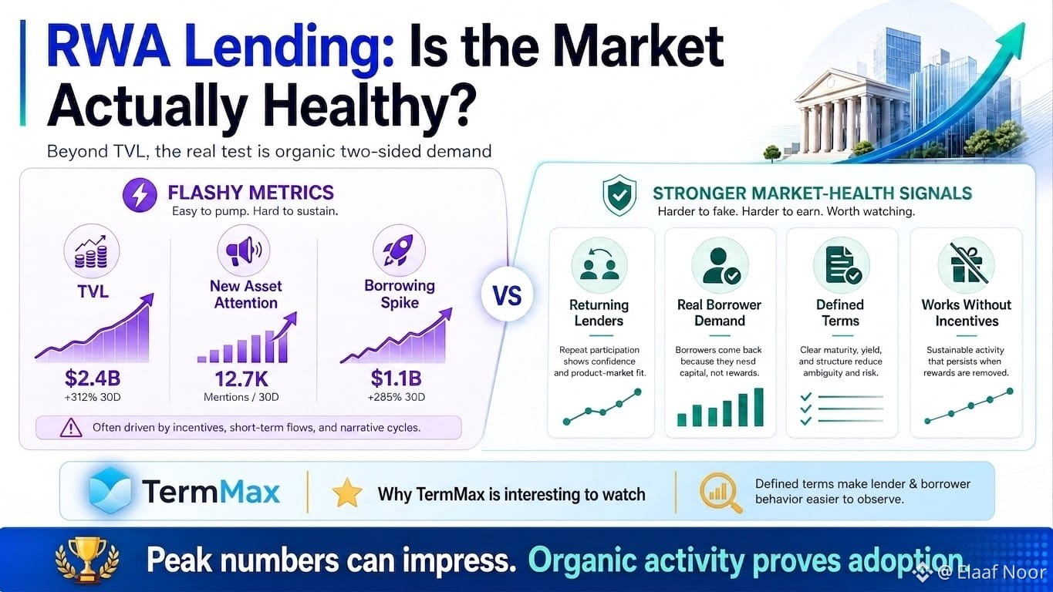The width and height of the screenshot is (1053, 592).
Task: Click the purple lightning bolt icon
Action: click(x=140, y=194)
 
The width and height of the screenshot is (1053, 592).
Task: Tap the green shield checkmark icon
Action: click(x=619, y=195)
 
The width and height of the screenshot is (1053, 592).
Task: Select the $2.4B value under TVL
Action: click(x=93, y=378)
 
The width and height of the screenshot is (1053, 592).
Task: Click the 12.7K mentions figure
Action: click(x=241, y=378)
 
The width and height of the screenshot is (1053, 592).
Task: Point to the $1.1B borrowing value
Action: click(x=397, y=378)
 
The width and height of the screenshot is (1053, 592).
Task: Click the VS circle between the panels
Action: click(x=508, y=295)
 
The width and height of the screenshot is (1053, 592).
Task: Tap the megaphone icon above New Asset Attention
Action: click(x=244, y=251)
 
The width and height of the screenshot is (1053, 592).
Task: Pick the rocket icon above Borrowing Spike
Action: click(x=399, y=251)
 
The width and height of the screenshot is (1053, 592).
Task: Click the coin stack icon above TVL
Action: click(x=92, y=252)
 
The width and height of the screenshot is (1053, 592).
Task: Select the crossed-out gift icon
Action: click(x=966, y=265)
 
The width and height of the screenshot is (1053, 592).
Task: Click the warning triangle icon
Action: click(x=71, y=428)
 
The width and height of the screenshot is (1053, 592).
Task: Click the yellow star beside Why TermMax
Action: click(x=347, y=493)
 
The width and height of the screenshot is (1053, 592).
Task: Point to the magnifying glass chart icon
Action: click(x=721, y=492)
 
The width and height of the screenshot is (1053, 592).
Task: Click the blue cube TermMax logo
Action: click(x=110, y=490)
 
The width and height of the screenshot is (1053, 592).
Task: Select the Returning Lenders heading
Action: click(x=599, y=312)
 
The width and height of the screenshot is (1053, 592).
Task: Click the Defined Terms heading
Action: click(x=840, y=312)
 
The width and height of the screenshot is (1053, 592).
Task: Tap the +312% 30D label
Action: click(x=93, y=398)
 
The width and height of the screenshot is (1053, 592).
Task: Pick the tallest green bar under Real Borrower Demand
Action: click(x=758, y=407)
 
